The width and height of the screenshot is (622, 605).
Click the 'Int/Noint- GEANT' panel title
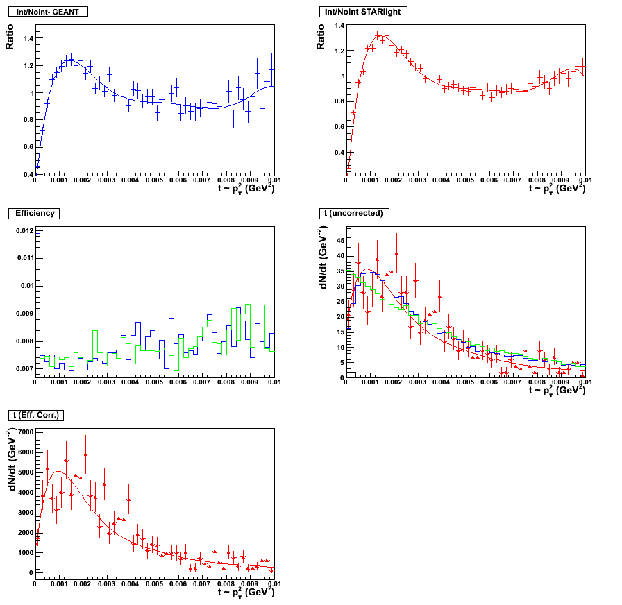[x=48, y=12]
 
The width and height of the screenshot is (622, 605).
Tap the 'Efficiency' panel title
[x=35, y=213]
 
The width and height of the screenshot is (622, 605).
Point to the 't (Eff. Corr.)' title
[x=43, y=415]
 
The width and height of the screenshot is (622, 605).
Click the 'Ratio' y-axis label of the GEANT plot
[x=10, y=36]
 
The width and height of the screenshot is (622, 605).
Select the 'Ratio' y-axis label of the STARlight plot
[x=321, y=36]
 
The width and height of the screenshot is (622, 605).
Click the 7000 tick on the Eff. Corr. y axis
[x=24, y=432]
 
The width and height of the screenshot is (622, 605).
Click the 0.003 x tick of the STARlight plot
[x=417, y=180]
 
